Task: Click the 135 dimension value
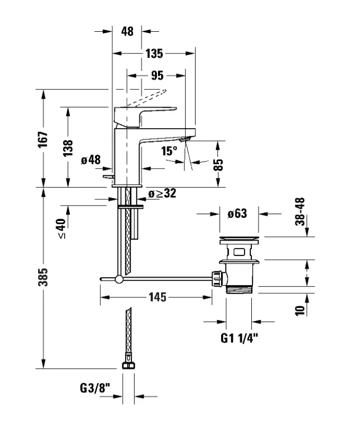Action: [154, 54]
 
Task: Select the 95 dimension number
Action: [157, 76]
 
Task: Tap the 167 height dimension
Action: [43, 140]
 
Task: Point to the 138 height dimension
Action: [68, 148]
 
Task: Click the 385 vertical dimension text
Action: [43, 277]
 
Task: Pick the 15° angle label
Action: [169, 151]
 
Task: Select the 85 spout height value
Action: [218, 165]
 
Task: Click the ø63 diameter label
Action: [238, 214]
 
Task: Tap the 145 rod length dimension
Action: [157, 297]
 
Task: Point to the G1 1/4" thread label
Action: [239, 338]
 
